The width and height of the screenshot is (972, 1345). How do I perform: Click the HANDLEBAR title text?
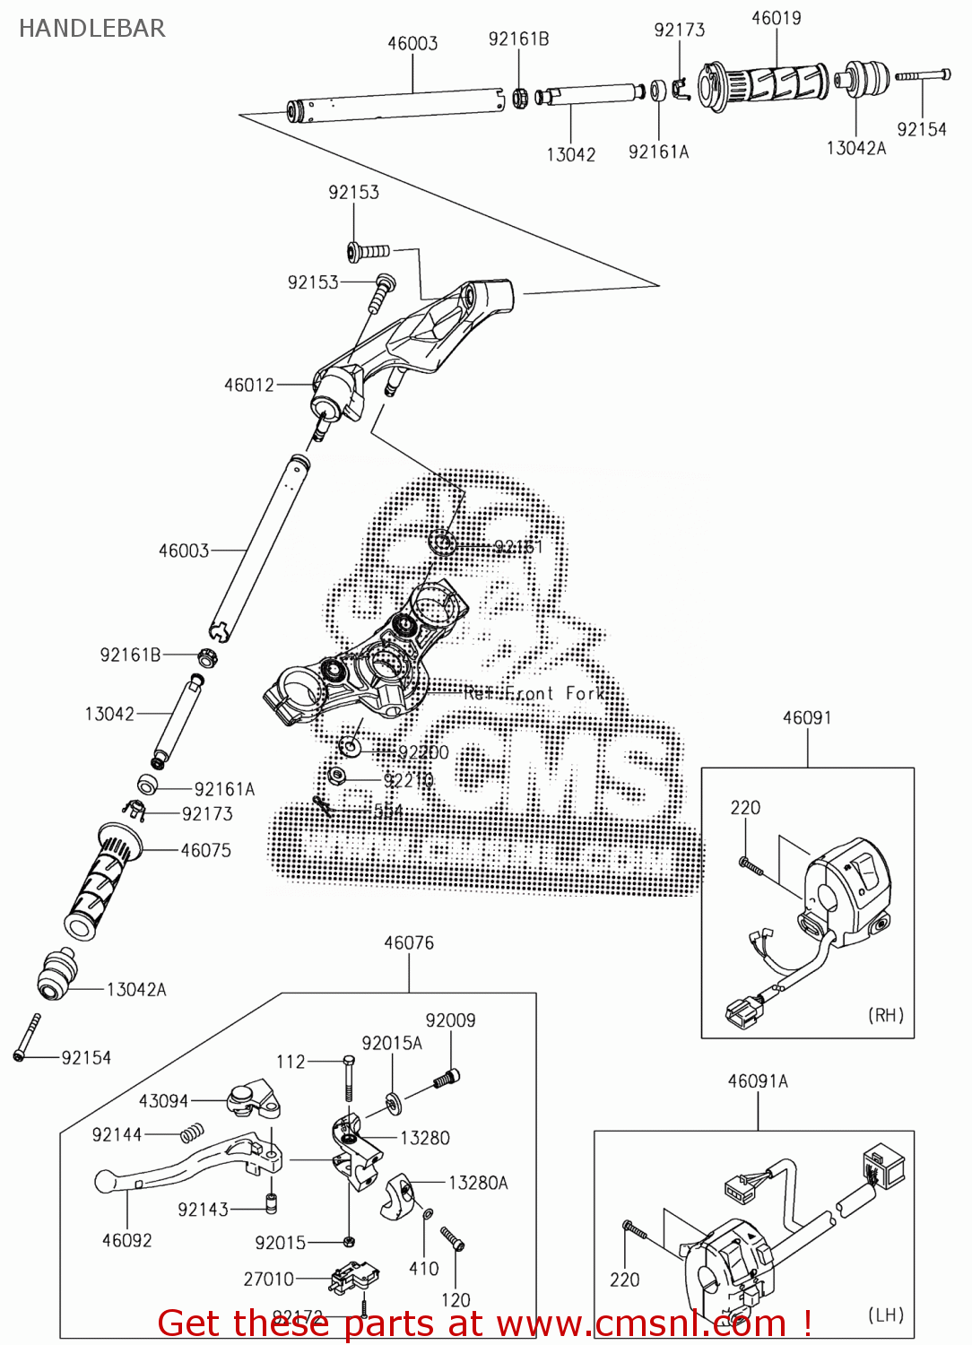[92, 29]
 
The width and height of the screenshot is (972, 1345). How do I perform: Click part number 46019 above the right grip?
[776, 18]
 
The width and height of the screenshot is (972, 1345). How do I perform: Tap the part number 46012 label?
[249, 385]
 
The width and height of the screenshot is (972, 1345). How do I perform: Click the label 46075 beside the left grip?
[205, 850]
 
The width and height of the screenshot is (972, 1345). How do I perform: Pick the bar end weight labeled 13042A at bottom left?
[57, 974]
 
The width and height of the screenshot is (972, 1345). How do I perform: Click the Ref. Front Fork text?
[534, 693]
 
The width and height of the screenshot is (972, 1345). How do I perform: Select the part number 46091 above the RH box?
[807, 717]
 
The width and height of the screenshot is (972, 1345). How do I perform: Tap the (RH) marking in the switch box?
[885, 1015]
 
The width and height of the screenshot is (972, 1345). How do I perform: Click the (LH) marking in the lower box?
[885, 1315]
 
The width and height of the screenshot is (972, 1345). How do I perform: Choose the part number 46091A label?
[758, 1081]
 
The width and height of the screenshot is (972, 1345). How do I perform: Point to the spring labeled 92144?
[192, 1133]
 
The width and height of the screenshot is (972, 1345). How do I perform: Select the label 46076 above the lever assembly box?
[409, 943]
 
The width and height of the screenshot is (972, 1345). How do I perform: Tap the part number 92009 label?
[450, 1020]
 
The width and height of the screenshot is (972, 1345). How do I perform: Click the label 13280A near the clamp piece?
[478, 1184]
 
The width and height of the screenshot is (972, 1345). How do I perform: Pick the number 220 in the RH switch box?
[745, 808]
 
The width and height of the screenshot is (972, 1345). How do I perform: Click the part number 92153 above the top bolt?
[353, 193]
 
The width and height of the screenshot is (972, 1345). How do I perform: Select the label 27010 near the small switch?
[269, 1280]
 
